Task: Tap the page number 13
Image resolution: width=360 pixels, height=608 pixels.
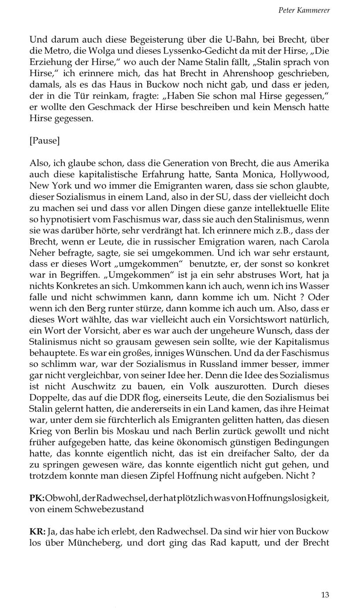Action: (325, 595)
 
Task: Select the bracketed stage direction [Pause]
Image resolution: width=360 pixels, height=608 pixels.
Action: (45, 141)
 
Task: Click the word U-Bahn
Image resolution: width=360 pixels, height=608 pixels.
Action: (207, 40)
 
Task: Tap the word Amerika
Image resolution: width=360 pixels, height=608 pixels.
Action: (312, 163)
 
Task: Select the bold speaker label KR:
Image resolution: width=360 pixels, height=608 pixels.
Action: (37, 532)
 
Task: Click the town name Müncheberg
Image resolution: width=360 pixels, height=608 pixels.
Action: (93, 543)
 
